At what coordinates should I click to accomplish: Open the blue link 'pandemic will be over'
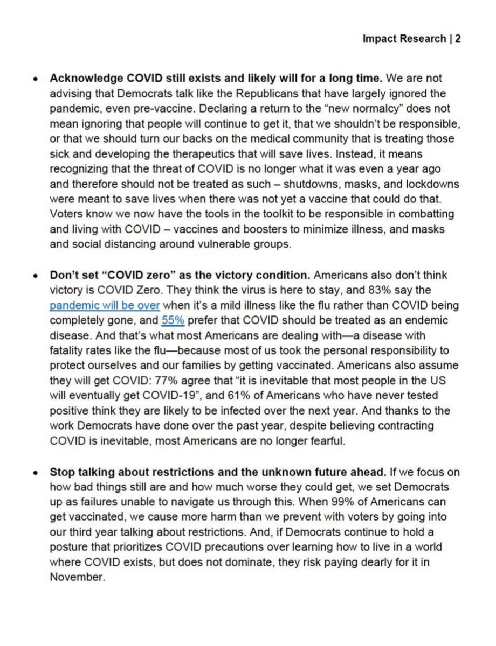pyautogui.click(x=105, y=306)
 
